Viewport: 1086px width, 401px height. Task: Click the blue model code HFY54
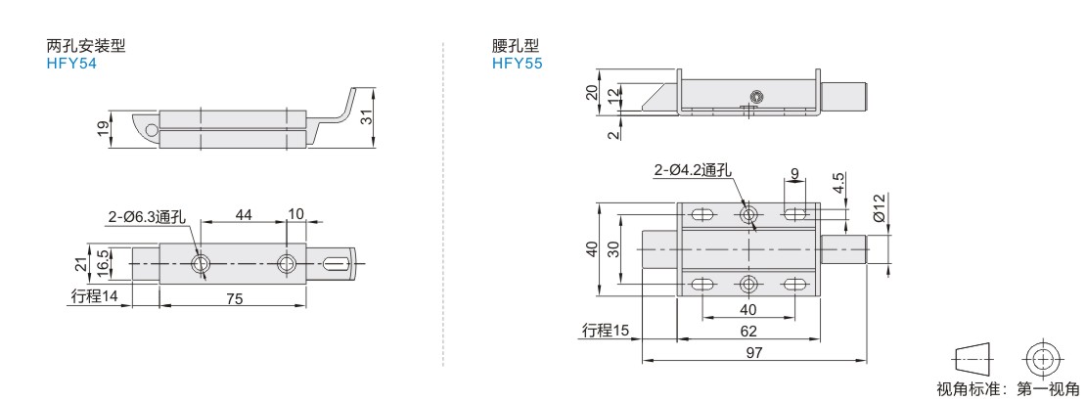point(71,64)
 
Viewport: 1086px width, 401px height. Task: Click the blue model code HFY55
point(518,64)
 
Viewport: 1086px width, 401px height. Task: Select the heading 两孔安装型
point(86,47)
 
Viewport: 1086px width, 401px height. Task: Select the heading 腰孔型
point(516,47)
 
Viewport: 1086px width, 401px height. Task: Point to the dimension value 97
point(754,353)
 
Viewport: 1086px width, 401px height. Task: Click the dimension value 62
point(748,331)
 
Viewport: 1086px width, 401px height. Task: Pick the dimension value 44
point(243,215)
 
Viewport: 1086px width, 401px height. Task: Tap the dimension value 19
point(103,128)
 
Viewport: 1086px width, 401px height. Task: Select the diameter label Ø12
point(879,207)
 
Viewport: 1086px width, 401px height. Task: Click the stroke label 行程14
point(95,297)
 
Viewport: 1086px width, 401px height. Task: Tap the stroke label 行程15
point(606,331)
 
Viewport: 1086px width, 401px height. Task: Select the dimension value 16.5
point(102,262)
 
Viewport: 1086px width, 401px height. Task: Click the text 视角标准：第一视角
point(1008,389)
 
